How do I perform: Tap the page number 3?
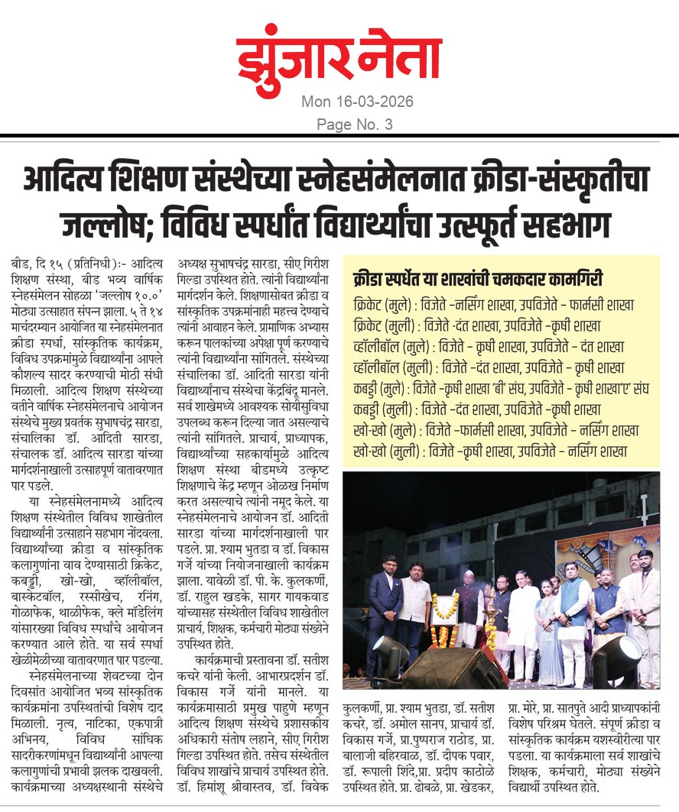(388, 124)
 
